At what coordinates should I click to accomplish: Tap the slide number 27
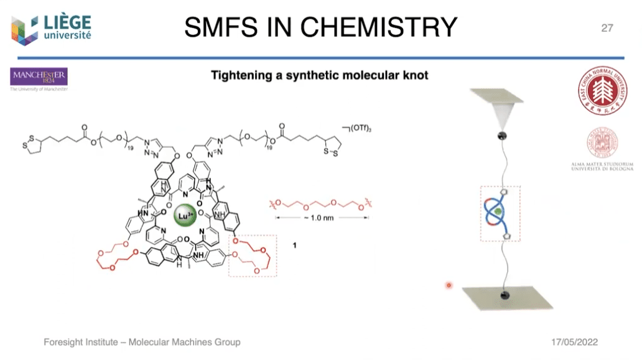(x=607, y=27)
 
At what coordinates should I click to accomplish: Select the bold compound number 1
(x=295, y=247)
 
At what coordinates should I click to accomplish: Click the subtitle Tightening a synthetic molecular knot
(x=320, y=76)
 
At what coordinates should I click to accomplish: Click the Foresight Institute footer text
(x=142, y=343)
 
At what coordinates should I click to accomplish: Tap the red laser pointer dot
(x=448, y=285)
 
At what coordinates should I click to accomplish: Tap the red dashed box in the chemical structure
(x=253, y=256)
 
